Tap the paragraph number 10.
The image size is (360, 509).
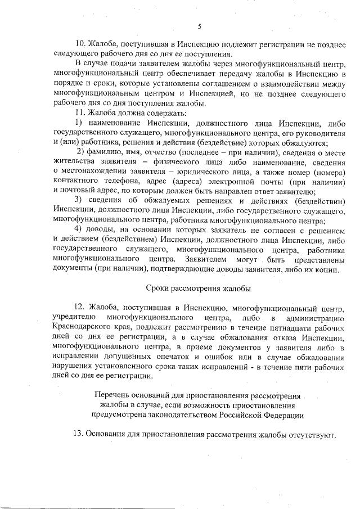(80, 43)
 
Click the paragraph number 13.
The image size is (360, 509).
(80, 435)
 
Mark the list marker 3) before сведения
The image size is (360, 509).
(79, 201)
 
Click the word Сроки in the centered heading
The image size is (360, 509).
(158, 288)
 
